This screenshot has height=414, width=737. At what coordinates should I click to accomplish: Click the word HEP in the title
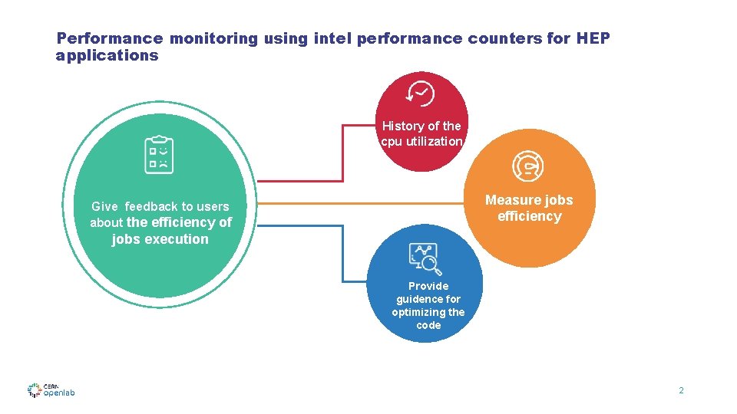pos(593,38)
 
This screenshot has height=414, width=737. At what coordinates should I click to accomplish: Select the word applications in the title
pos(107,55)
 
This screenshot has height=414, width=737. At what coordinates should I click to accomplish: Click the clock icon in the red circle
pos(421,94)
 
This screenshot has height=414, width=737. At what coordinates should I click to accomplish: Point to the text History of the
pos(421,126)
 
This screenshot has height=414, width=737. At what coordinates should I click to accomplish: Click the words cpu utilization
pos(421,142)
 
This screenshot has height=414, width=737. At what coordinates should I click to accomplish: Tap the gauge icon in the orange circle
pos(527,165)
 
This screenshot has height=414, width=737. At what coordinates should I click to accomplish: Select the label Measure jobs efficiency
pos(529,208)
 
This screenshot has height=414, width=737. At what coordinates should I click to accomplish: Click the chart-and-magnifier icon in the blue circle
pos(425,258)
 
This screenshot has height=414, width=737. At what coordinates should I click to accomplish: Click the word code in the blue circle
pos(428,325)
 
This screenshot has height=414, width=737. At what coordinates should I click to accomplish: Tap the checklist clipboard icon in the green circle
pos(160,154)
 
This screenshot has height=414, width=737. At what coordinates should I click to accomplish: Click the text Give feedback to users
pos(160,206)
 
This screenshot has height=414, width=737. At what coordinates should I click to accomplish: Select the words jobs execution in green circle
pos(160,239)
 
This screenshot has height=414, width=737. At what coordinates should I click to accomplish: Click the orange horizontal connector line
pos(361,204)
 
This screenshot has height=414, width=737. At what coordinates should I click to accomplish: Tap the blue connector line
pos(343,253)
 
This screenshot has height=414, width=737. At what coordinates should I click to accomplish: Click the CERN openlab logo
pos(51,390)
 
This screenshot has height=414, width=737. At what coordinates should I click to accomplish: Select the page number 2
pos(680,391)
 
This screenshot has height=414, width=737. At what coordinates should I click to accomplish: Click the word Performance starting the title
pos(110,38)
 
